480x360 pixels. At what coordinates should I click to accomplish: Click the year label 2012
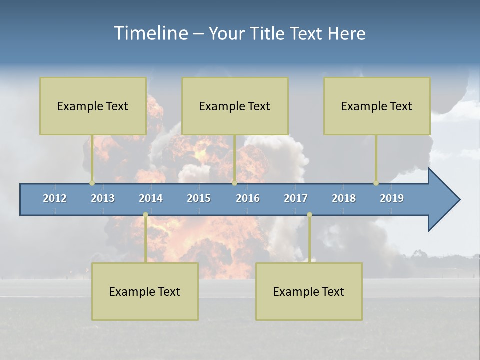click(55, 198)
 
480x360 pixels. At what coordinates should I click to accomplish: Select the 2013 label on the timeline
click(103, 198)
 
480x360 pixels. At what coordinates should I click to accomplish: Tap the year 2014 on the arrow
click(151, 198)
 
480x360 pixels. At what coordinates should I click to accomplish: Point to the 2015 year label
click(199, 198)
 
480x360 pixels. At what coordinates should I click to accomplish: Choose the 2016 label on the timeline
click(248, 198)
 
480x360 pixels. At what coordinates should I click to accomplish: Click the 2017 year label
click(296, 198)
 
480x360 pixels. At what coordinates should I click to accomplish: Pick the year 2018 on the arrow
click(344, 198)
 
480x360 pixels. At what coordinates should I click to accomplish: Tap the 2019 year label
click(392, 198)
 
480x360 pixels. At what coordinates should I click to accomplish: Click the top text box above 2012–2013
click(93, 106)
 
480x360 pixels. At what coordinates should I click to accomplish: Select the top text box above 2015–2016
click(235, 106)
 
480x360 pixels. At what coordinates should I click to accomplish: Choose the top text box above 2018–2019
click(377, 106)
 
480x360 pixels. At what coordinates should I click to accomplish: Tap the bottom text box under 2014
click(145, 291)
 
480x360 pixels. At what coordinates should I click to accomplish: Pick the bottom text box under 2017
click(309, 291)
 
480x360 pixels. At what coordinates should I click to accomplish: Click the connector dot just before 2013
click(92, 183)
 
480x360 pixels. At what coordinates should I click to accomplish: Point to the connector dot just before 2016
click(234, 183)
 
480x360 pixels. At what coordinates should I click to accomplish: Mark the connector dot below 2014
click(145, 215)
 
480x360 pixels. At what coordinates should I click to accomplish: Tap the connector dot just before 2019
click(376, 183)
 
